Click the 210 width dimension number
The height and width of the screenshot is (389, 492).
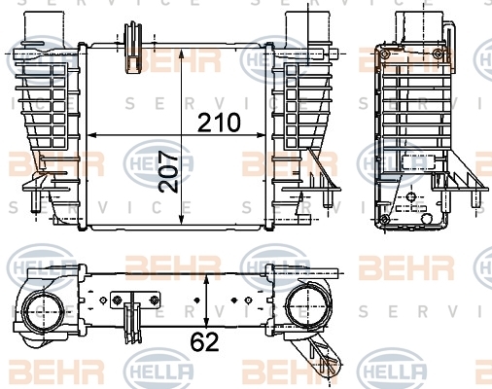219,123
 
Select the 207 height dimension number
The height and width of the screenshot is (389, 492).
169,172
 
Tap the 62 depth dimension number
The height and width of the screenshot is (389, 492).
205,342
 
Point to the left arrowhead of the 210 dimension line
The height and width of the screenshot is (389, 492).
93,135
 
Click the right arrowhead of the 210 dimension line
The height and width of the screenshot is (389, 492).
261,135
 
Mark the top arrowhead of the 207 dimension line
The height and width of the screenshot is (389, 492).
182,54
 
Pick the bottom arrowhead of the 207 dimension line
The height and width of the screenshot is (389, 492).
182,219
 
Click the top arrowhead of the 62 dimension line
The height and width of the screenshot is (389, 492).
206,280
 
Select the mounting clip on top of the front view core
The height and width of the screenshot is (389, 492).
133,48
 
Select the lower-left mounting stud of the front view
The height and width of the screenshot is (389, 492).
35,201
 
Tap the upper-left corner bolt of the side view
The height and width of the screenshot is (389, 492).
385,53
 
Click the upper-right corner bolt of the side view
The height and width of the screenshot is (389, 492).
439,53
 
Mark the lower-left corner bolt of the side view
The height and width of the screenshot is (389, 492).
385,219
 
